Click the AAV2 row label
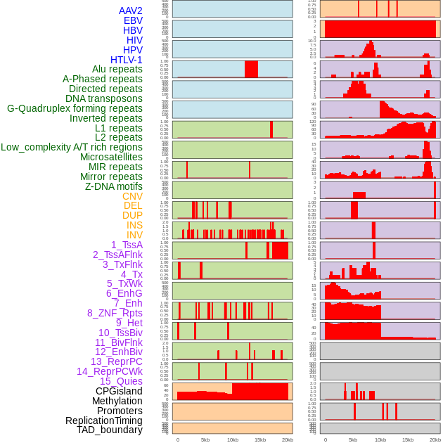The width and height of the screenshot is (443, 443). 130,11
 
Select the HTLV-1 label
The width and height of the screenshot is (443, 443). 126,60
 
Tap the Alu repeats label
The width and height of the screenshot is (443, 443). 117,70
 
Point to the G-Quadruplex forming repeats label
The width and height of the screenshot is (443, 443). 75,109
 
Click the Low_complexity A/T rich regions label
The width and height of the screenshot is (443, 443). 72,148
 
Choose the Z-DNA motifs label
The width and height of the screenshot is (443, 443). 113,186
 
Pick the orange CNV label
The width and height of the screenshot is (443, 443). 132,196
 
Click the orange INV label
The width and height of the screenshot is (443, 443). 134,235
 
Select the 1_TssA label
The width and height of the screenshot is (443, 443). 127,245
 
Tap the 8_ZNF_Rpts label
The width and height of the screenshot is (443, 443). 115,313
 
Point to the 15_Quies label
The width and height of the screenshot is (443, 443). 120,381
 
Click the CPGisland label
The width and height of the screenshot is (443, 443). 119,391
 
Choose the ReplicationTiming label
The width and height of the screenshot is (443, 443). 103,420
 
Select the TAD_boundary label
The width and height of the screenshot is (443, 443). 109,430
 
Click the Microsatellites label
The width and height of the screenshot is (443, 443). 111,158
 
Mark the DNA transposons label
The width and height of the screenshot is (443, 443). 104,99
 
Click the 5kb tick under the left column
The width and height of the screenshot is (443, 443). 205,440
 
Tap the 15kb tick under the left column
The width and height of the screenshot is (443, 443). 260,440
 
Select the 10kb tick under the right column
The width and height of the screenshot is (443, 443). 380,440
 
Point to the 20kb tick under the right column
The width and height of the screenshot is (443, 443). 435,440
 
